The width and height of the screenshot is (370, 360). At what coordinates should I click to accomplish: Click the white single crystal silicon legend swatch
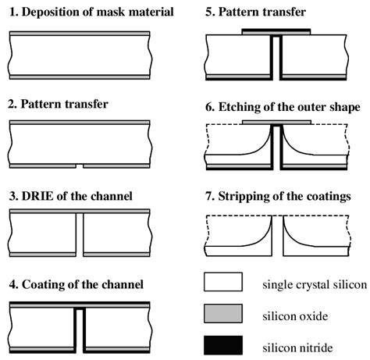coord(223,282)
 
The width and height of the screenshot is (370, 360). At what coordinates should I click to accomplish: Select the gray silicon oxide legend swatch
coord(223,313)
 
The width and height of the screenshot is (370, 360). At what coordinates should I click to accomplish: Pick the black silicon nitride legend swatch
coord(223,345)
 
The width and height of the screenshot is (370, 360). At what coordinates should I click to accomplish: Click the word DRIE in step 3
coord(37,196)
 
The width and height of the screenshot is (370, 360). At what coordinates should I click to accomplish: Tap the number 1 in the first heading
coord(13,12)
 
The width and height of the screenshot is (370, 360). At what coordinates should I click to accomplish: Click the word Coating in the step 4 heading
coord(43,285)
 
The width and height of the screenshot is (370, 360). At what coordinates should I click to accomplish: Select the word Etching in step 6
coord(239,107)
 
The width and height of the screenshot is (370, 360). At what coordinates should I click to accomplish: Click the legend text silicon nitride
coord(297,348)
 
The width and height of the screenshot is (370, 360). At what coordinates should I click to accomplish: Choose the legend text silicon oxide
coord(295,316)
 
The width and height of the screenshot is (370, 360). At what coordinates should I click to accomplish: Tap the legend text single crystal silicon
coord(315,285)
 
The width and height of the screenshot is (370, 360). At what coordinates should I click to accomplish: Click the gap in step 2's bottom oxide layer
coord(80,166)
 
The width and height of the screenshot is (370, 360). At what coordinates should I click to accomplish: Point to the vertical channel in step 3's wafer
coord(80,235)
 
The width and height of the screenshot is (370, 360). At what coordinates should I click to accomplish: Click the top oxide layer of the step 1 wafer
coord(80,34)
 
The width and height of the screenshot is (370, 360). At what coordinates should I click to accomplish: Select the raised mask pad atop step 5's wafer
coord(276,32)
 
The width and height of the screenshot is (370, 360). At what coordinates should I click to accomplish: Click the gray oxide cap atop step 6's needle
coord(276,123)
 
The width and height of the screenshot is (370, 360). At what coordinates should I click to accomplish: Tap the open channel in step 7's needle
coord(278,236)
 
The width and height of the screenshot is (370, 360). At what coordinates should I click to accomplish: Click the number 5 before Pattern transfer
coord(209,12)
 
